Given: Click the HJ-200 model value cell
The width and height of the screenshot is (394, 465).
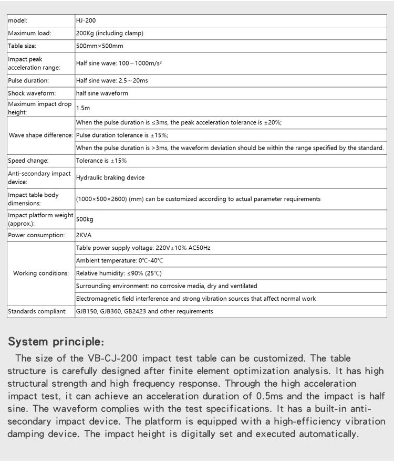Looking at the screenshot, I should click(86, 20).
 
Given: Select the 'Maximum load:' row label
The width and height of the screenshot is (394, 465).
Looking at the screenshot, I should click(29, 33).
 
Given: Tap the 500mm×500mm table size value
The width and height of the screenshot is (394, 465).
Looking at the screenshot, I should click(100, 46).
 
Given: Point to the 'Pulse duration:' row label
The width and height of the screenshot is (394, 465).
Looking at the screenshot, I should click(28, 81).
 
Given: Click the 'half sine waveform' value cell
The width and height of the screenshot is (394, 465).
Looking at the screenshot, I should click(102, 93).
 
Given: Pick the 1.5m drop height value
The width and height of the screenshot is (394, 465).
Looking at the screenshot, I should click(83, 108).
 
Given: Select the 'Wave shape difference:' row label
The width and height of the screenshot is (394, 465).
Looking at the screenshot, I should click(40, 135).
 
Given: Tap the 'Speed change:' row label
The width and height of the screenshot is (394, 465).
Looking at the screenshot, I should click(28, 161).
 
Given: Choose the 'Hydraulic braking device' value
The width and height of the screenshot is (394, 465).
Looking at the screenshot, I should click(110, 177).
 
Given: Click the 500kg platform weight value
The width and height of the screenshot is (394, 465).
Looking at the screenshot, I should click(85, 219).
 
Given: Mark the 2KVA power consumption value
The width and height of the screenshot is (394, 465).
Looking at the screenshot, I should click(84, 235).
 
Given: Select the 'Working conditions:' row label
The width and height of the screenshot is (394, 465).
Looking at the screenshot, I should click(41, 273).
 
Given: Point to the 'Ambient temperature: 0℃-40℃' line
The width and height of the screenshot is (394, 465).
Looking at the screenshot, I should click(120, 260).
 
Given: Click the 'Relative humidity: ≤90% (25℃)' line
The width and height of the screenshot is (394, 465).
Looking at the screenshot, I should click(119, 273).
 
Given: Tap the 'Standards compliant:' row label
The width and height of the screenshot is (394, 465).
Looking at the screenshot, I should click(37, 311).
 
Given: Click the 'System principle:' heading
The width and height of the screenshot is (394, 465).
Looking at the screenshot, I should click(56, 342).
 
